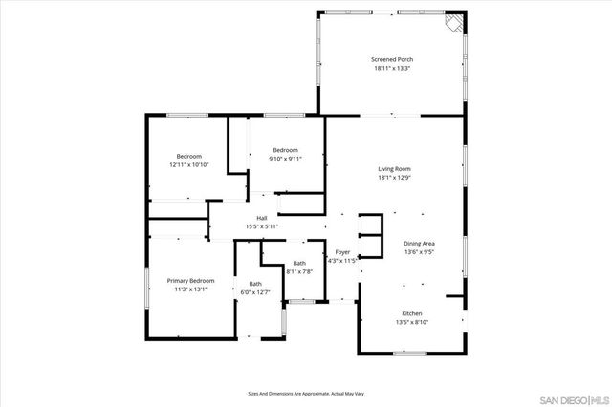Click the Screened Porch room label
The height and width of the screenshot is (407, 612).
click(x=392, y=59)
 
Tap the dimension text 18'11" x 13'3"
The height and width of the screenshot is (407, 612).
click(x=392, y=69)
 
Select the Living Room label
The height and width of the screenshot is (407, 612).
click(x=394, y=168)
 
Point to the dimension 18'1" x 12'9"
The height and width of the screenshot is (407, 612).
click(x=394, y=178)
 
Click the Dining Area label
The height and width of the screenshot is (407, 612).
click(x=419, y=244)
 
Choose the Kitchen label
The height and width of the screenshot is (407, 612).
click(x=411, y=313)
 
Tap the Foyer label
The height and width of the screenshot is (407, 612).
click(x=342, y=252)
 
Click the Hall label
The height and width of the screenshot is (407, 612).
click(x=261, y=217)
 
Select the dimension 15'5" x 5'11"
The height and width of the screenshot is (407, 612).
click(x=261, y=226)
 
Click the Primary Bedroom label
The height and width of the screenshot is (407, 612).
click(x=190, y=280)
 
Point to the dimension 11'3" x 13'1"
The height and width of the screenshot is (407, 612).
click(x=190, y=289)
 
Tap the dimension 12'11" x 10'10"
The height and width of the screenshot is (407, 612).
click(x=188, y=165)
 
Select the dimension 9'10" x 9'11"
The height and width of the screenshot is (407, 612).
click(x=285, y=159)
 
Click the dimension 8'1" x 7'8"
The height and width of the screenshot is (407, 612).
click(x=299, y=271)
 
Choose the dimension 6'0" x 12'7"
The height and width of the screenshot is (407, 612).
click(x=255, y=292)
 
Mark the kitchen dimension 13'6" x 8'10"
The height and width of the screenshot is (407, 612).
click(x=411, y=323)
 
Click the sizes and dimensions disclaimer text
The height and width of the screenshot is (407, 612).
click(x=305, y=393)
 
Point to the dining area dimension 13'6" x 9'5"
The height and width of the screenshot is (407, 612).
click(x=419, y=253)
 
